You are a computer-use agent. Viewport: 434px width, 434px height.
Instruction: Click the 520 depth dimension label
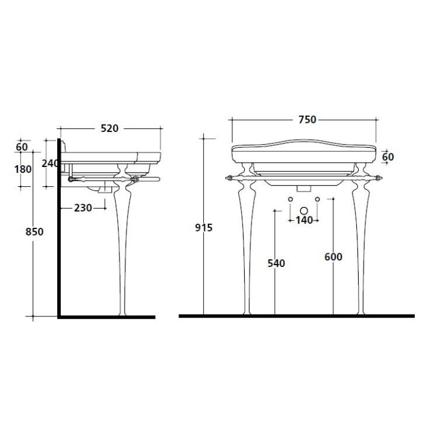point(109,128)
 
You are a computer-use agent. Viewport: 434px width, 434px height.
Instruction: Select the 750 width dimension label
point(307,119)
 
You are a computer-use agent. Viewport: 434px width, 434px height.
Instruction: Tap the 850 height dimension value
point(34,231)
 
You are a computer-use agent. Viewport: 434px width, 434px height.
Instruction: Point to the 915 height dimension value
point(204,227)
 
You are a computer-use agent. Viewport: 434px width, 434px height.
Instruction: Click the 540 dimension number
point(276,263)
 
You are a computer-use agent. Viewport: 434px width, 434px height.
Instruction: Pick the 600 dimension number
point(333,257)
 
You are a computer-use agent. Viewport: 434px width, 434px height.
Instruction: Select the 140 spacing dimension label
point(304,221)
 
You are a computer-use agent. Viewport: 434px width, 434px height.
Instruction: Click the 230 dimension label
point(83,208)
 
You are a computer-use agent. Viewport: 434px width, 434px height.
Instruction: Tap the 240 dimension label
point(50,163)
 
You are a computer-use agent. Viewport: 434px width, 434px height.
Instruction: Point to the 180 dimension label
point(23,169)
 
